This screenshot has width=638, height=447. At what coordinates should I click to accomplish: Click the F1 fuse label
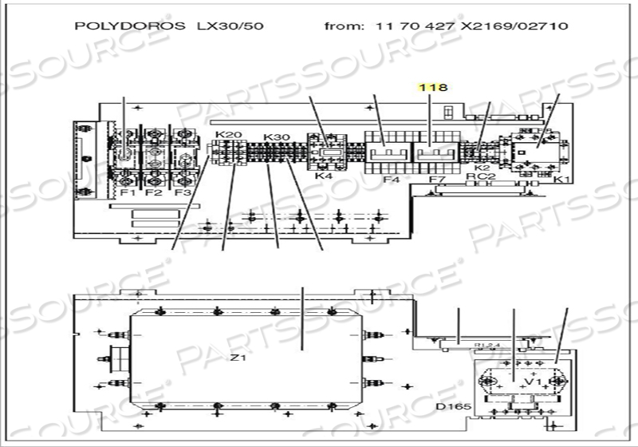tap(126, 192)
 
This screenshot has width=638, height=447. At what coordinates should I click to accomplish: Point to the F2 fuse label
tap(154, 192)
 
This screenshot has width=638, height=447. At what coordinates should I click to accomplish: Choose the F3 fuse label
tap(183, 192)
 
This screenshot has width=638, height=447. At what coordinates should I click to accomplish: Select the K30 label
tap(275, 136)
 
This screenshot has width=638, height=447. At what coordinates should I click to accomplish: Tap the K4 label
tap(323, 176)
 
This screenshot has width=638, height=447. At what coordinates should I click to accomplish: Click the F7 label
tap(436, 180)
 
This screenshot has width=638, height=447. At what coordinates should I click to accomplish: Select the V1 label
tap(534, 382)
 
